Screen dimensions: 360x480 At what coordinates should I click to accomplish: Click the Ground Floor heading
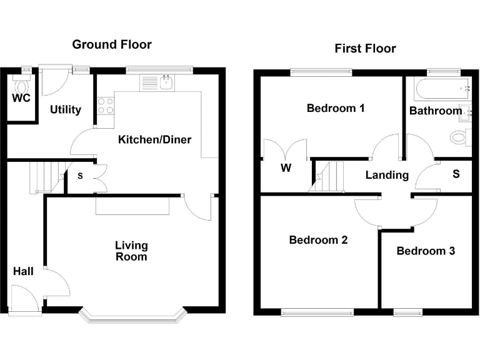pos(112,44)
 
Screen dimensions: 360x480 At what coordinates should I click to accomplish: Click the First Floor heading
pos(365,48)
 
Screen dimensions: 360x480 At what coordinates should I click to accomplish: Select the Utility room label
pos(66,110)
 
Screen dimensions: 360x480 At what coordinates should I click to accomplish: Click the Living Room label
pos(131,251)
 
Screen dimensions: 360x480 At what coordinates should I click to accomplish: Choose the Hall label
pos(24,271)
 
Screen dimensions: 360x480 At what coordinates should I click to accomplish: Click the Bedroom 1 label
pos(336,108)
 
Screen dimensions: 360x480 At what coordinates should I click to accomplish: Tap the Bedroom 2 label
pos(318,240)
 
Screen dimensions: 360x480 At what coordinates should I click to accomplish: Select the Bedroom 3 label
pos(426,251)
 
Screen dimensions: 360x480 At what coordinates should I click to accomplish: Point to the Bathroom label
pos(436,111)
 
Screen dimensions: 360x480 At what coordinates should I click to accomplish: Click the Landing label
pos(387,175)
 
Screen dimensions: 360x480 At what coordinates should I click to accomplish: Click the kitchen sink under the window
pos(166,81)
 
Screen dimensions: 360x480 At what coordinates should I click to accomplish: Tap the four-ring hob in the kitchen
pos(106,106)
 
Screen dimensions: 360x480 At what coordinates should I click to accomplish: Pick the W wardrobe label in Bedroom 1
pos(286,168)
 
